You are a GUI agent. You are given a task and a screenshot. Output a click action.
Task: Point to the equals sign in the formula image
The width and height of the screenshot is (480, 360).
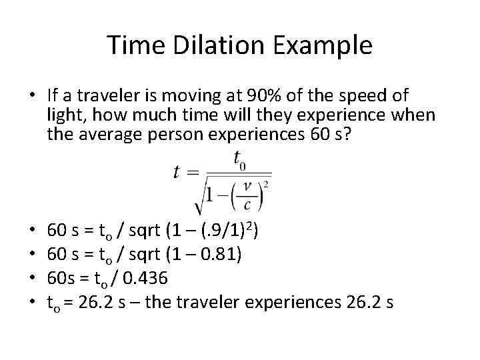click(x=193, y=172)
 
